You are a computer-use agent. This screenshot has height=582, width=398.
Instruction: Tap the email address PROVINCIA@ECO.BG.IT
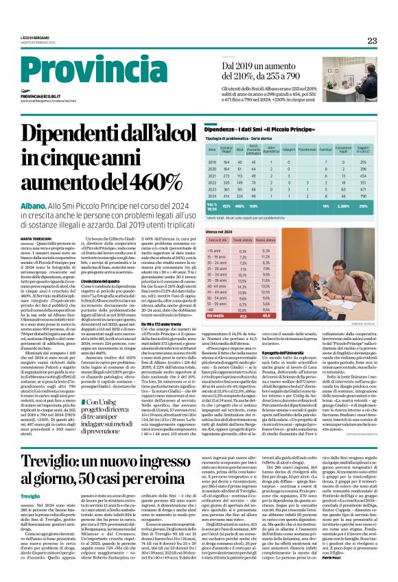(43, 97)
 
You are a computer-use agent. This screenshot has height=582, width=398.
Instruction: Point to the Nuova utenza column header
(262, 241)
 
